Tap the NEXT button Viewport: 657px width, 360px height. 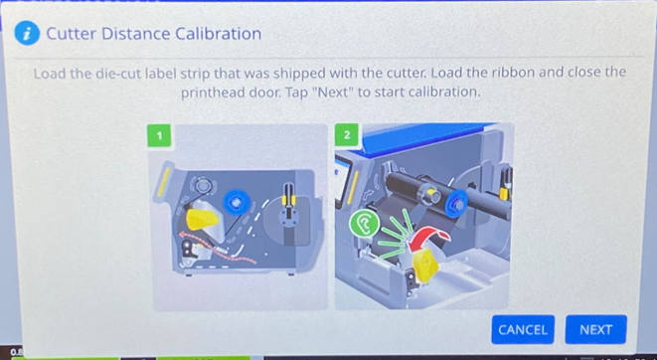coord(595,329)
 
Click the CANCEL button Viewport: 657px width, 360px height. coord(523,329)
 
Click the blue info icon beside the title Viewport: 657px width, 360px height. coord(27,34)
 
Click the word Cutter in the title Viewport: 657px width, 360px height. coord(72,34)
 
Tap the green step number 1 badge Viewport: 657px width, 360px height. coord(159,135)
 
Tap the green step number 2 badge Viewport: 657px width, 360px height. coord(347,135)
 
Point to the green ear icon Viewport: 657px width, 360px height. coord(365,224)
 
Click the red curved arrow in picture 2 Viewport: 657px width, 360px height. coord(428,238)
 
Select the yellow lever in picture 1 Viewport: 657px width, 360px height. coord(202,219)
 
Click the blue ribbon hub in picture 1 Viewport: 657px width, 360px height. coord(237,203)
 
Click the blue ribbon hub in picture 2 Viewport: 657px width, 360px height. coord(456,204)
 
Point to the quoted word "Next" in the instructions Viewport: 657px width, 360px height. coord(333,92)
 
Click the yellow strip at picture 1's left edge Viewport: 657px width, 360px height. coord(163,181)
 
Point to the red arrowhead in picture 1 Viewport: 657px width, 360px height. coord(183,236)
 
